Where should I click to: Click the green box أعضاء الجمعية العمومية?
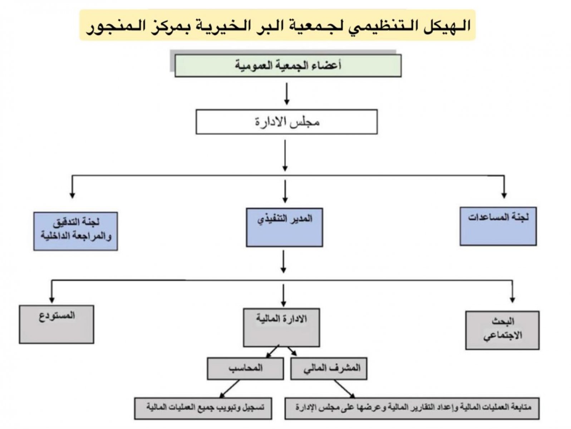tap(288, 66)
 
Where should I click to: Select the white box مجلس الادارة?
tap(286, 122)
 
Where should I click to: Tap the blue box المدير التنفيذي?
tap(285, 227)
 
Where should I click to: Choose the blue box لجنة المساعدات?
tap(498, 226)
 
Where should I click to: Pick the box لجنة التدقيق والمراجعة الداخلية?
tap(76, 231)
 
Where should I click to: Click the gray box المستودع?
tap(56, 324)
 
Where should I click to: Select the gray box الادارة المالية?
tap(281, 327)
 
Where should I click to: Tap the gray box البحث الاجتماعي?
tap(502, 330)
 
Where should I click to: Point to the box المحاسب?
tap(245, 368)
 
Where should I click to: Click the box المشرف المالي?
tap(329, 368)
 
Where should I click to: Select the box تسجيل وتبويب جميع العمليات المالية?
tap(203, 408)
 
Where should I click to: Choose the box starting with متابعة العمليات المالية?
tap(412, 408)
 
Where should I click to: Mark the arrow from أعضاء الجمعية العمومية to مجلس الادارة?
tap(286, 94)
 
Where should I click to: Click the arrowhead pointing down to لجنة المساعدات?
tap(504, 195)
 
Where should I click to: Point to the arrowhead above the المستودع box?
tap(52, 299)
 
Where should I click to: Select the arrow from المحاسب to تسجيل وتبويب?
tap(230, 389)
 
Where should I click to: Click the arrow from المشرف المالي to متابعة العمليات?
tap(344, 389)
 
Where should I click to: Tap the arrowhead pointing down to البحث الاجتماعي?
tap(512, 299)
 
